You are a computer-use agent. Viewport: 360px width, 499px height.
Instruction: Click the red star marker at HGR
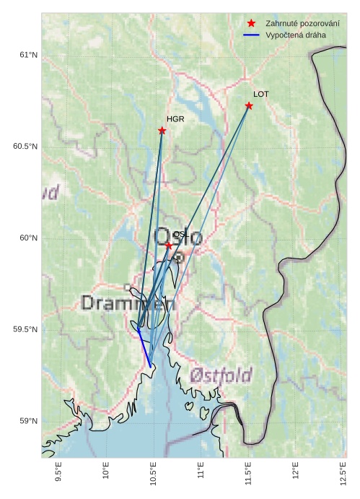point(162,131)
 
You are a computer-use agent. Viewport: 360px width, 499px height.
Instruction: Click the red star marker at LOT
point(249,106)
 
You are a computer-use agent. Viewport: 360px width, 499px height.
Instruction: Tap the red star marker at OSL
point(169,246)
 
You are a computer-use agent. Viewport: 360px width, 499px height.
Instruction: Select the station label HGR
point(175,119)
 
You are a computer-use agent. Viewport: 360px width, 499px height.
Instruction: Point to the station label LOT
point(260,94)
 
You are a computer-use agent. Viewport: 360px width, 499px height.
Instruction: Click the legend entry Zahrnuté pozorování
point(302,24)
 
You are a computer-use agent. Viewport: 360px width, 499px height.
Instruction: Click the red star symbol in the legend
point(251,24)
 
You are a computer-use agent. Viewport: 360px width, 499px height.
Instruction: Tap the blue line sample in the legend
point(251,35)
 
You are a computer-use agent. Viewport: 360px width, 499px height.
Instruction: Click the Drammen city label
point(128,303)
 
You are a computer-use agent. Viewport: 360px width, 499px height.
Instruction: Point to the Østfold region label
point(221,376)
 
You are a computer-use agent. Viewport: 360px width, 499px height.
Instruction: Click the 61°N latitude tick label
point(27,55)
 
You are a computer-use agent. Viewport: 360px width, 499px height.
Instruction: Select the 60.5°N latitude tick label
point(25,147)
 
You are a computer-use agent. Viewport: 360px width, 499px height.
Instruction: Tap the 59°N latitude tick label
point(27,421)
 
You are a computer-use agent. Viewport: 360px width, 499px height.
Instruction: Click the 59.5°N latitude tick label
point(25,329)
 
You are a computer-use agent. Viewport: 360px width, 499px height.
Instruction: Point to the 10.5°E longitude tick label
point(154,471)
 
